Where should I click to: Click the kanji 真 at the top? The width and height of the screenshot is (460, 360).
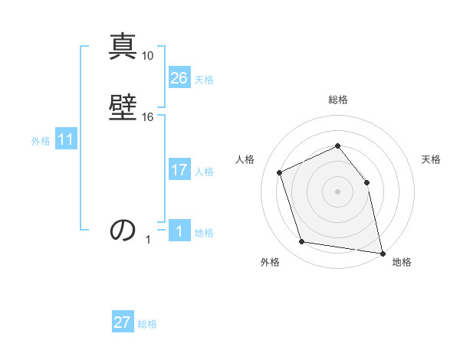pos(123,47)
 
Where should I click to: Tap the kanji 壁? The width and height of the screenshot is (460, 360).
pos(123,106)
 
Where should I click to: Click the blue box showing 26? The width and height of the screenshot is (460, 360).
pos(179,78)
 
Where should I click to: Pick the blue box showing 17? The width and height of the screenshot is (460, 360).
pos(179,171)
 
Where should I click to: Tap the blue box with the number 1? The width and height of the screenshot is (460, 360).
pos(179,232)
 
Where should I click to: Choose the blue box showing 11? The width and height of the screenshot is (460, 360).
pos(66,140)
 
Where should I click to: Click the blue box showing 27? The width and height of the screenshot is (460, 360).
pos(123,323)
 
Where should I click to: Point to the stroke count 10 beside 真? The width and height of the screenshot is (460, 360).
pos(148,56)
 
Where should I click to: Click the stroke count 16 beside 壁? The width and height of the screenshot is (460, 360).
pos(148,117)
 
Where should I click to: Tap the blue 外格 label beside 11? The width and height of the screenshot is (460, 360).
pos(40,141)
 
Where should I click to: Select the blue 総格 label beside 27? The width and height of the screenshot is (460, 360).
pos(147,324)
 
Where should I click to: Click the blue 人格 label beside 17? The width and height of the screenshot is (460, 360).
pos(204,172)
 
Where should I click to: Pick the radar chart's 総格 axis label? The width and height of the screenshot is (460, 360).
pos(337,100)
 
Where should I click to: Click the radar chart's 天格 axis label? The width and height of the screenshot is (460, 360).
pos(431,159)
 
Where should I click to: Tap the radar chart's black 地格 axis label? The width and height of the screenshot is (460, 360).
pos(402,263)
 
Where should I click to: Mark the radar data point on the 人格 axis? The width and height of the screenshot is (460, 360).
pos(280,172)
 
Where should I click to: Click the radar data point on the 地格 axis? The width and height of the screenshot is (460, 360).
pos(381,252)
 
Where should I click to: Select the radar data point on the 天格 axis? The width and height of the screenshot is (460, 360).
pos(366,182)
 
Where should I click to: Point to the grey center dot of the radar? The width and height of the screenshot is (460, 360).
pos(337,191)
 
